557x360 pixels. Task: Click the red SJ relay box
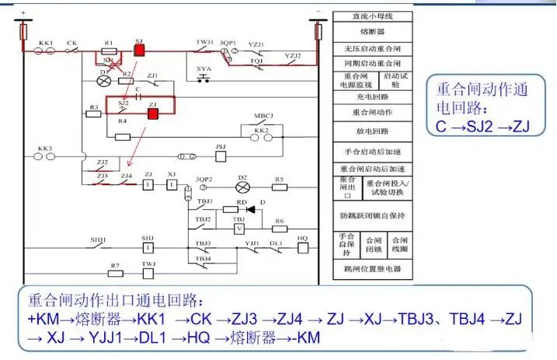(x=141, y=49)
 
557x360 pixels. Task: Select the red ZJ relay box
(x=153, y=113)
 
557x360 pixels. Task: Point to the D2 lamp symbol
(x=242, y=187)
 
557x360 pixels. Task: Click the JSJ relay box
(x=220, y=156)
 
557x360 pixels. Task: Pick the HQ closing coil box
(x=303, y=249)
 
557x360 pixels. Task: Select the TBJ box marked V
(x=239, y=230)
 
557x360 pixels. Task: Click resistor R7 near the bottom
(x=115, y=274)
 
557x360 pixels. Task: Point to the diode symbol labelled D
(x=250, y=209)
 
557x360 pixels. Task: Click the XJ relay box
(x=172, y=185)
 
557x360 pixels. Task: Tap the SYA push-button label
(x=204, y=69)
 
